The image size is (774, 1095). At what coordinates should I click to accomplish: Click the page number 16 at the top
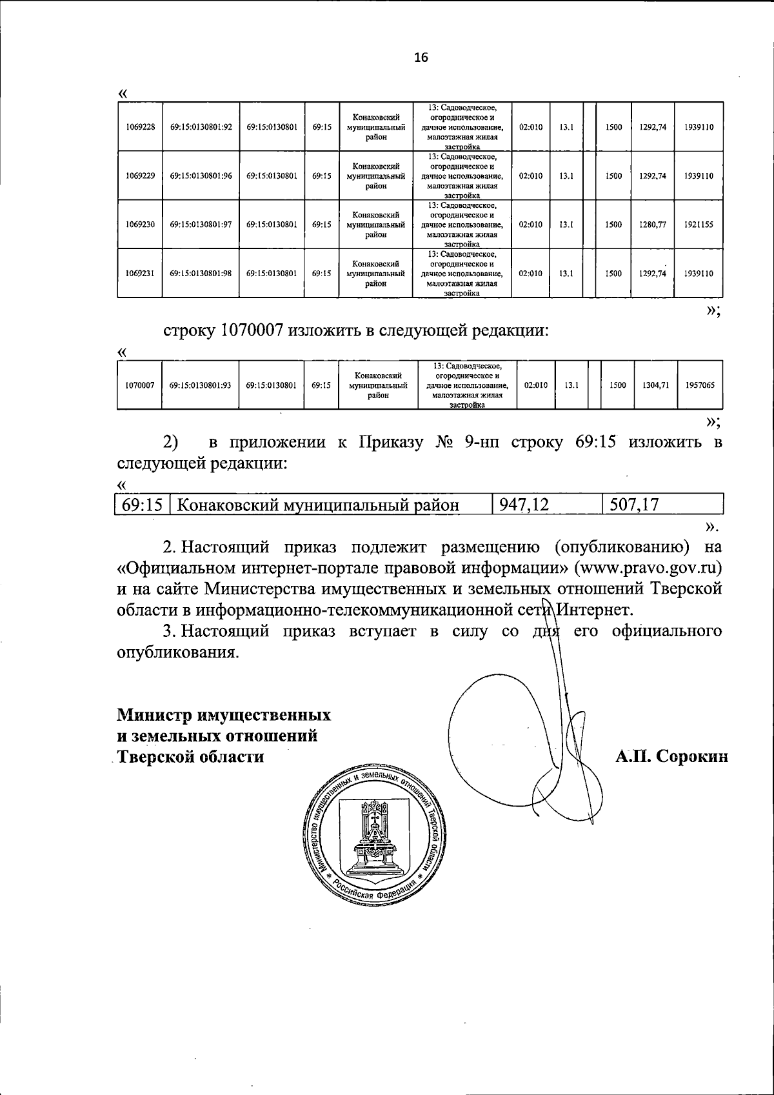[x=421, y=57]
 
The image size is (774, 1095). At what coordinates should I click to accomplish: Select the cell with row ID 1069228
[x=140, y=127]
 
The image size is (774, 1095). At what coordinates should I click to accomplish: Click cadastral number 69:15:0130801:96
[x=201, y=176]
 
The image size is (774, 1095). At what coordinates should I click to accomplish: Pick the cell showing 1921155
[x=700, y=225]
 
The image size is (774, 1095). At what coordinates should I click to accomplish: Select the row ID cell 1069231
[x=140, y=273]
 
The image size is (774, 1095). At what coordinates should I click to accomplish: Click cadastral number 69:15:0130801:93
[x=200, y=385]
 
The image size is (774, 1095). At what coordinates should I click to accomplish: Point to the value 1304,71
[x=656, y=385]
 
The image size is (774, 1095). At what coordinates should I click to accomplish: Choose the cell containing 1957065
[x=700, y=385]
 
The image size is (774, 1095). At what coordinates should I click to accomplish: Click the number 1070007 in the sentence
[x=252, y=331]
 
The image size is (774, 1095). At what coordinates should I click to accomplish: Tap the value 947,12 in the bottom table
[x=524, y=505]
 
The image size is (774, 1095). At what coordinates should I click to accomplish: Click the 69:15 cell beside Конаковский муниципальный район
[x=141, y=505]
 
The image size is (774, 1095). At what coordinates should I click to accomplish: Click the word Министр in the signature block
[x=154, y=715]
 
